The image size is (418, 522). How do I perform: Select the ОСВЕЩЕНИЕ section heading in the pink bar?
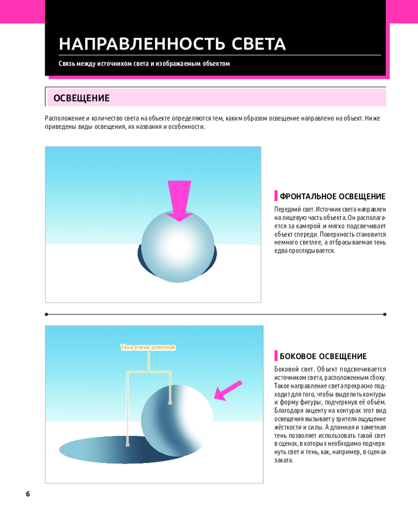pyautogui.click(x=82, y=98)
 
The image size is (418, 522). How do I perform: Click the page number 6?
pyautogui.click(x=28, y=494)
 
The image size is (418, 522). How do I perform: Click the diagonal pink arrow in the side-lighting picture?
pyautogui.click(x=228, y=390)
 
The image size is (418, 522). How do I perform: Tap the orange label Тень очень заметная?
pyautogui.click(x=148, y=348)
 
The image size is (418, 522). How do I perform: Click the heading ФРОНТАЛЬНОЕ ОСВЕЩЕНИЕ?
pyautogui.click(x=332, y=196)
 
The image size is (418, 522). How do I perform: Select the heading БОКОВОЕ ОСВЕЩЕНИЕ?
pyautogui.click(x=323, y=356)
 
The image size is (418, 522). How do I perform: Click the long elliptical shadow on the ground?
pyautogui.click(x=110, y=449)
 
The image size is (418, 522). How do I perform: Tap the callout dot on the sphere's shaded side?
pyautogui.click(x=170, y=403)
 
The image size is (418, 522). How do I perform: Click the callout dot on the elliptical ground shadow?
pyautogui.click(x=127, y=445)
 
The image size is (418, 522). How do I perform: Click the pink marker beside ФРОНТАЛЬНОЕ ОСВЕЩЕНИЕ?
pyautogui.click(x=276, y=196)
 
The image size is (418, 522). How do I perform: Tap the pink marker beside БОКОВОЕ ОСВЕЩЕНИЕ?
pyautogui.click(x=276, y=355)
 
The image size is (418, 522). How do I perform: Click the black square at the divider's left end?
pyautogui.click(x=47, y=314)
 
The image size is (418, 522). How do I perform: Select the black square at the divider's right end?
pyautogui.click(x=385, y=314)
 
